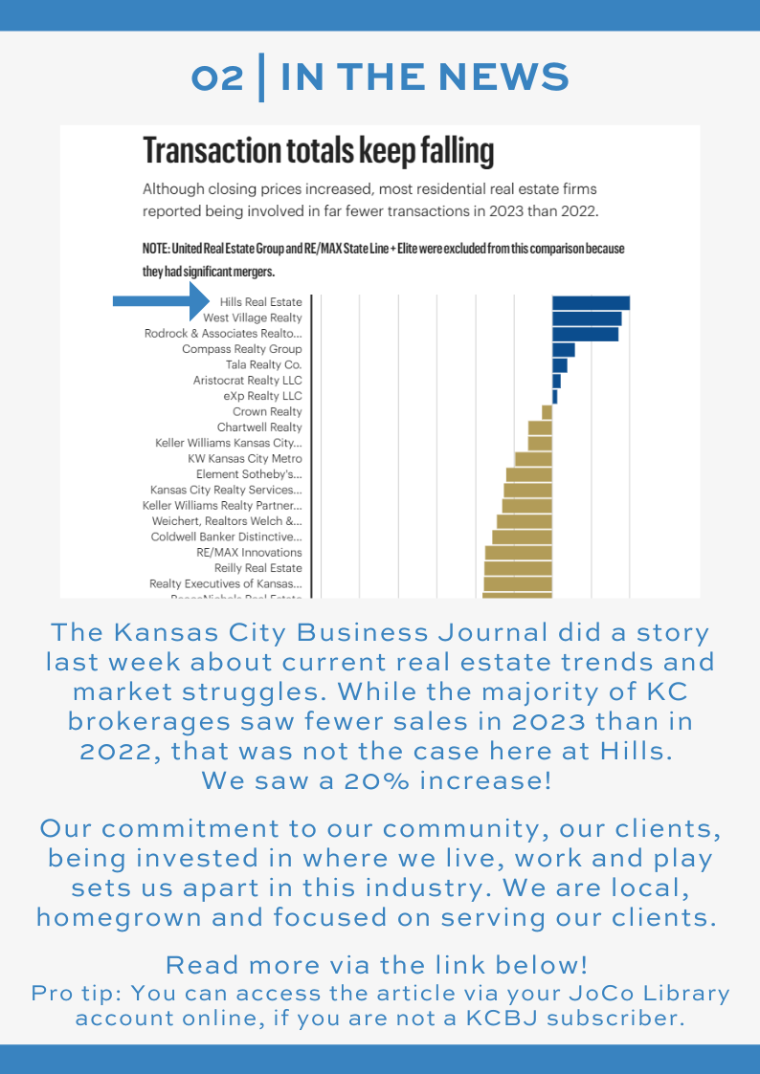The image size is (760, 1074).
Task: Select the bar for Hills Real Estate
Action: coord(591,302)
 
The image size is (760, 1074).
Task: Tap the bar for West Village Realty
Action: coord(587,318)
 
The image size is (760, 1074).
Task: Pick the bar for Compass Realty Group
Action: coord(564,349)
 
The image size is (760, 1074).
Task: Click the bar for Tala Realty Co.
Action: coord(560,364)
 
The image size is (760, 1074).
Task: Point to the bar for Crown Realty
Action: coord(548,411)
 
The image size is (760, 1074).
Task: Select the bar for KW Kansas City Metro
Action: coord(534,458)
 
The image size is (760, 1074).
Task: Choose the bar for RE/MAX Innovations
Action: coord(519,552)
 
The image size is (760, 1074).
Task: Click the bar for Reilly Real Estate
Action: coord(518,568)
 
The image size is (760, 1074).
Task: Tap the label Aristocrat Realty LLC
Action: coord(247,381)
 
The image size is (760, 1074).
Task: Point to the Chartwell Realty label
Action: coord(259,427)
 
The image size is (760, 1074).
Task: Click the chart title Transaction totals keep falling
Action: coord(319,151)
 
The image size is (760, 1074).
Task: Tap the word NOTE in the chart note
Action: coord(156,249)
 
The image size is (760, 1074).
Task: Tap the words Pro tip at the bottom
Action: coord(81,993)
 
